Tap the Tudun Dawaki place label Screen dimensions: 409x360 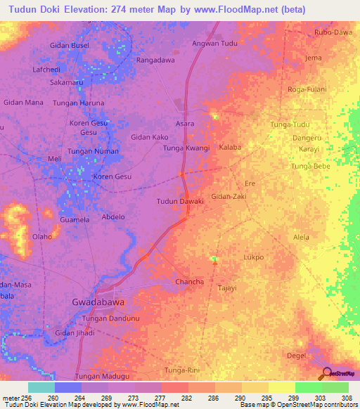[x=180, y=202]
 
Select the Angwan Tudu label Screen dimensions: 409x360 [x=214, y=44]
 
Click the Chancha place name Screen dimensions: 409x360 [x=189, y=282]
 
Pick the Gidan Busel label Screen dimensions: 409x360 [x=70, y=45]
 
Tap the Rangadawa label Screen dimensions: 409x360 [x=155, y=60]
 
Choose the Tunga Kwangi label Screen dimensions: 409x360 [x=186, y=148]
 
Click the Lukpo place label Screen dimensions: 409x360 [x=253, y=257]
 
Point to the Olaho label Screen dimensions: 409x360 [x=42, y=237]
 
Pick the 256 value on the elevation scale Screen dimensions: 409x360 [x=25, y=396]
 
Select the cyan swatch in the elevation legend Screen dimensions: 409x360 [x=41, y=387]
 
